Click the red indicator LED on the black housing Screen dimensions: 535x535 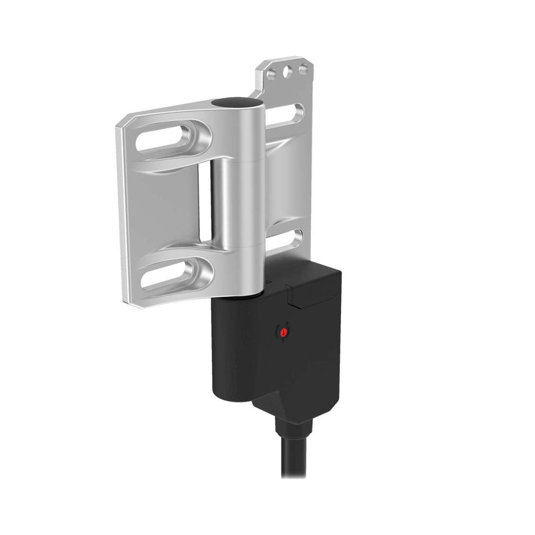(x=284, y=331)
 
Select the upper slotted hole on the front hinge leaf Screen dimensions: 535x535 (x=167, y=138)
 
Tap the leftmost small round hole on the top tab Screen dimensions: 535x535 (x=272, y=74)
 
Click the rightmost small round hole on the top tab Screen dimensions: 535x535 (x=303, y=68)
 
